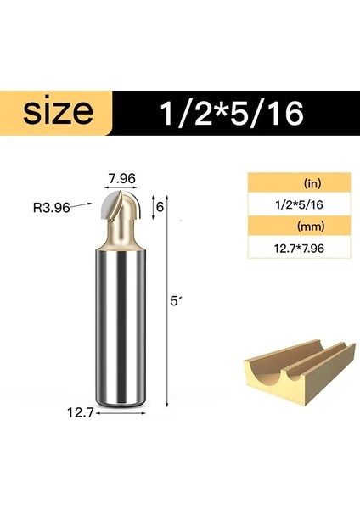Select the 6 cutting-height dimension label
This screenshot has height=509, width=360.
158,206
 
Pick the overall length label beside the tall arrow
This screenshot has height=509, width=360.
176,301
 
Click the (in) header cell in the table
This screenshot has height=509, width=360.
299,183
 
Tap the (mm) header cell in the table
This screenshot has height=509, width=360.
299,227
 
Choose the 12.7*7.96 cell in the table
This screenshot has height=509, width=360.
299,249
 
